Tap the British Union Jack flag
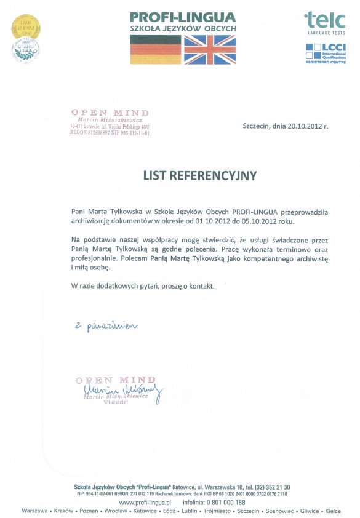[210, 49]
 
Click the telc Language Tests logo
[325, 23]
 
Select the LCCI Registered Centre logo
[326, 54]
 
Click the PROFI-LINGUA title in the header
[183, 17]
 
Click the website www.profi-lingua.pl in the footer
[144, 503]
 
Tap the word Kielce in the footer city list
[333, 511]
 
